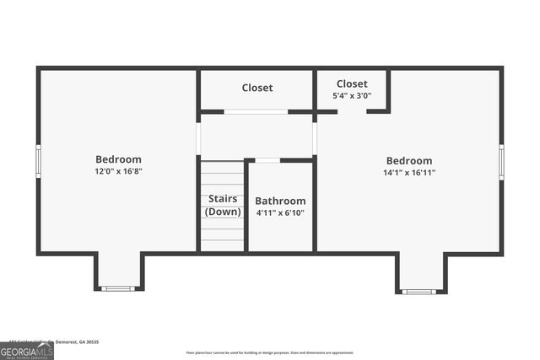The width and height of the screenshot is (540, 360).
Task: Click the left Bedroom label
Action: coord(118,159)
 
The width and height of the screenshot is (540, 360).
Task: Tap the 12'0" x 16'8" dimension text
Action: coord(118,172)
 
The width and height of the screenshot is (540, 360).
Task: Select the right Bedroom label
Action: coord(409,161)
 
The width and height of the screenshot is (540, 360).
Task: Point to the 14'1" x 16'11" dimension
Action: coord(409,173)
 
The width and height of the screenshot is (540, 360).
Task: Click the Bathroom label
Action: coord(280,201)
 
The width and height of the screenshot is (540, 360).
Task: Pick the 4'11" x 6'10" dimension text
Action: coord(280,213)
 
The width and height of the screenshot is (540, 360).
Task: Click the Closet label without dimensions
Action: coord(257,88)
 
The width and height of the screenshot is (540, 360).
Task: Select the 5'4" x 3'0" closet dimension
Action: coord(352,96)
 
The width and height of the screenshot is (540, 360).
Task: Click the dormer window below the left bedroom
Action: coord(118,289)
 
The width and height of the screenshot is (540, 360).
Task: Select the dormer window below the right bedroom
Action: coord(418,292)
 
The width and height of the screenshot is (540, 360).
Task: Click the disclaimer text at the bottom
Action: coord(270,352)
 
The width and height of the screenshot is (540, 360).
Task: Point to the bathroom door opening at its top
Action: coord(267,159)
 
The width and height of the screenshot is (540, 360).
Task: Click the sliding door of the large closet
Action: coord(256,111)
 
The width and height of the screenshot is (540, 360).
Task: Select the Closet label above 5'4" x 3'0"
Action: coord(352,83)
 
